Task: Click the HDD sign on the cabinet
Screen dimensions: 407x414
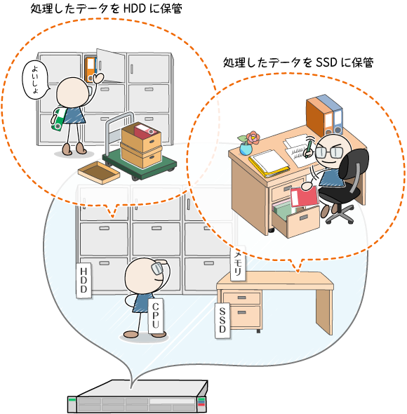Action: pyautogui.click(x=84, y=281)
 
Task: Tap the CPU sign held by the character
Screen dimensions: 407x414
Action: pyautogui.click(x=156, y=316)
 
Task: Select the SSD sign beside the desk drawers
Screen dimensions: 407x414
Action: pyautogui.click(x=222, y=321)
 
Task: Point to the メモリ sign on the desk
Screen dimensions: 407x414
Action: pyautogui.click(x=238, y=264)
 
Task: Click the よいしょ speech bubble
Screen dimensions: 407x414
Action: pyautogui.click(x=35, y=79)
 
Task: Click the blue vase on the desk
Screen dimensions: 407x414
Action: pyautogui.click(x=246, y=149)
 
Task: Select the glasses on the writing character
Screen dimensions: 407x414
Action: pyautogui.click(x=329, y=152)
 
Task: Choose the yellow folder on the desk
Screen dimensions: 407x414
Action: pyautogui.click(x=269, y=163)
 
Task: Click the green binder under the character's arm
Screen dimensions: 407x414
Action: pyautogui.click(x=59, y=119)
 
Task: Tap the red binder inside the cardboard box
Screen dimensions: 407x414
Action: pyautogui.click(x=145, y=131)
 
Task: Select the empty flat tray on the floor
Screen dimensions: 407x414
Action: pyautogui.click(x=99, y=173)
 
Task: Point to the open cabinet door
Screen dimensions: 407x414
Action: pyautogui.click(x=110, y=65)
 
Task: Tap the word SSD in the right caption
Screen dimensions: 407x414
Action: pyautogui.click(x=326, y=62)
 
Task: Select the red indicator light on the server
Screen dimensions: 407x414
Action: pyautogui.click(x=201, y=404)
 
